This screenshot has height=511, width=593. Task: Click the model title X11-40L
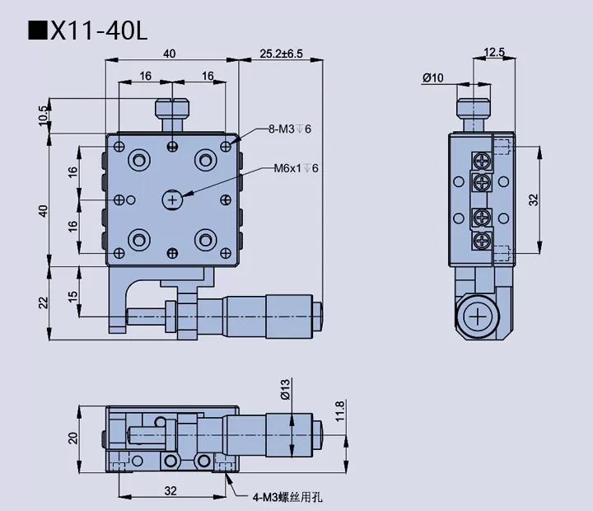click(x=100, y=30)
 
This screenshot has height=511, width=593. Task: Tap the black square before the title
click(x=37, y=30)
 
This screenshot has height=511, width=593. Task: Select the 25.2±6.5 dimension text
click(x=281, y=54)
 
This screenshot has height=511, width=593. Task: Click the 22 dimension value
click(x=44, y=302)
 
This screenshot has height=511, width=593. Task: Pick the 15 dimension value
click(x=72, y=296)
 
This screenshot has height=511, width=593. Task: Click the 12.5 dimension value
click(x=494, y=52)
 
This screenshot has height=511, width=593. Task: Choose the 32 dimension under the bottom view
click(x=170, y=491)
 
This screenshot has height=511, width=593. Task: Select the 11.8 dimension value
click(x=339, y=410)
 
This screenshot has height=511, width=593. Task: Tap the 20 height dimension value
click(x=72, y=438)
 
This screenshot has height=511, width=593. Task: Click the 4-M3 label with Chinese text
click(x=290, y=496)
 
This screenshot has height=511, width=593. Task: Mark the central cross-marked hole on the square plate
click(x=172, y=199)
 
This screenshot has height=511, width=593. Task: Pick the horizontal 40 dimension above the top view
click(x=169, y=54)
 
